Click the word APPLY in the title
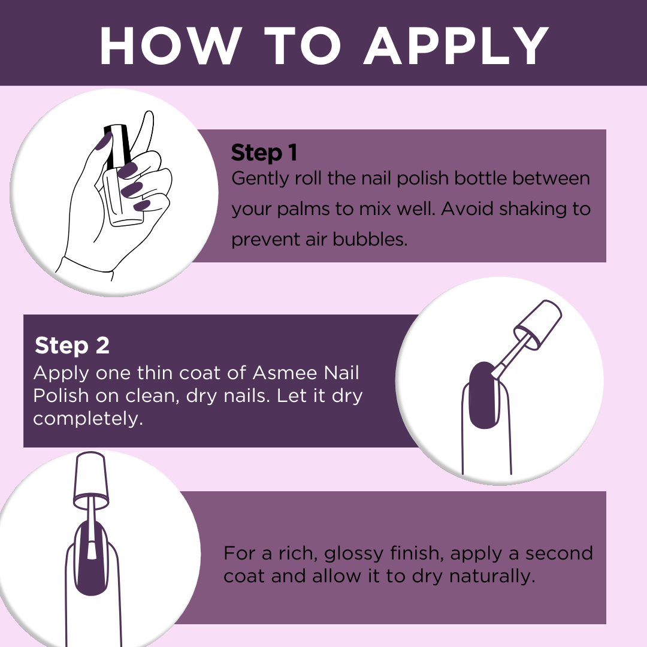(x=456, y=46)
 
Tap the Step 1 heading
(x=264, y=153)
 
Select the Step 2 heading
(x=72, y=345)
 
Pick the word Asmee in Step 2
(x=285, y=373)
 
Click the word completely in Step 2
(x=88, y=419)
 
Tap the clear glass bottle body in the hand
(x=122, y=197)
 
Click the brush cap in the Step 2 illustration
(x=537, y=325)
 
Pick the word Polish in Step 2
(x=61, y=396)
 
